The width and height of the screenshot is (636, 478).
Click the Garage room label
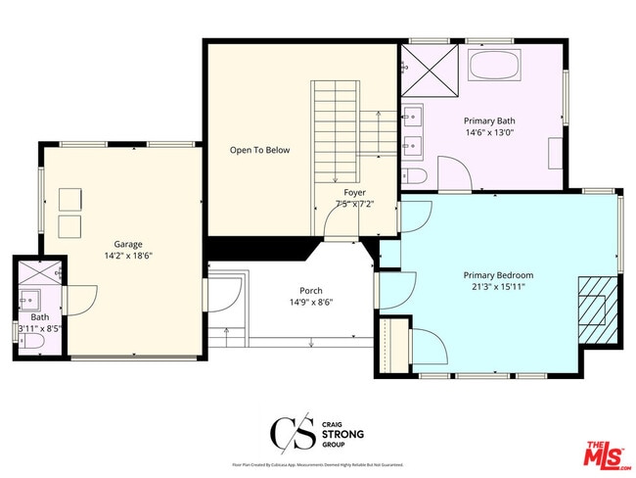click(127, 244)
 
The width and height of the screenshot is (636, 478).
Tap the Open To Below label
click(259, 151)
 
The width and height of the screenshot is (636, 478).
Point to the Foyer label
click(354, 192)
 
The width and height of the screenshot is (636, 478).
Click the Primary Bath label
click(490, 122)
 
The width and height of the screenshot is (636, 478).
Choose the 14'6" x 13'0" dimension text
click(490, 134)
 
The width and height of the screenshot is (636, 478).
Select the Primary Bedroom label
click(498, 275)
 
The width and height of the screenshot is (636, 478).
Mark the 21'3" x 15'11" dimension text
click(498, 288)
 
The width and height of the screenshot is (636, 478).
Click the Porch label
click(311, 291)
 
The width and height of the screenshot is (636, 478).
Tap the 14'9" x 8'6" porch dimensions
click(311, 303)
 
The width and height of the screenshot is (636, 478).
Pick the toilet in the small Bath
click(28, 343)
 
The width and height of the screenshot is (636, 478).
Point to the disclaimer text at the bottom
click(317, 464)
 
